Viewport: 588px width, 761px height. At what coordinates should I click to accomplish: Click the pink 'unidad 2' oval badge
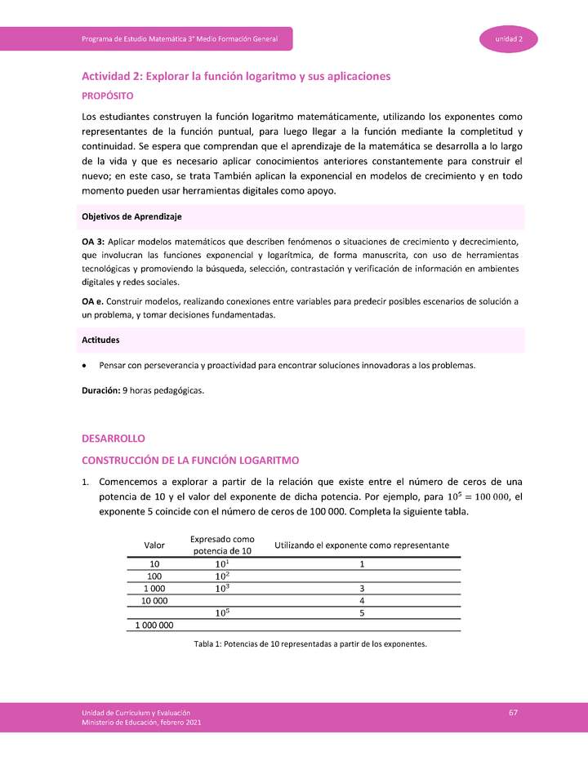pos(508,39)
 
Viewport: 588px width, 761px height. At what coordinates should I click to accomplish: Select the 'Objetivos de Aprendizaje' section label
pos(131,216)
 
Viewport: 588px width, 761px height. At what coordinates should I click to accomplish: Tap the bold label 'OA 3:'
pos(93,243)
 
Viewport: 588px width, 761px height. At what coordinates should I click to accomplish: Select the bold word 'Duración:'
pos(100,390)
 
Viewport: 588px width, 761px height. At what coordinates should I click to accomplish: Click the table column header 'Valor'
pos(154,545)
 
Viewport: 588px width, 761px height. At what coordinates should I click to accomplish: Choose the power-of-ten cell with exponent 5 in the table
pos(222,612)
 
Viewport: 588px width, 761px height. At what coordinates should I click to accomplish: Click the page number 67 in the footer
pos(513,713)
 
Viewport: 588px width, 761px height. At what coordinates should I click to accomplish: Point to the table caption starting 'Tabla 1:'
pos(310,644)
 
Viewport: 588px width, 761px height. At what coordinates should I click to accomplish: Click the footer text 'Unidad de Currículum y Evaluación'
pos(136,713)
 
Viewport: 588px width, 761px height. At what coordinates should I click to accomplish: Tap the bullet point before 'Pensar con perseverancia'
pos(85,365)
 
